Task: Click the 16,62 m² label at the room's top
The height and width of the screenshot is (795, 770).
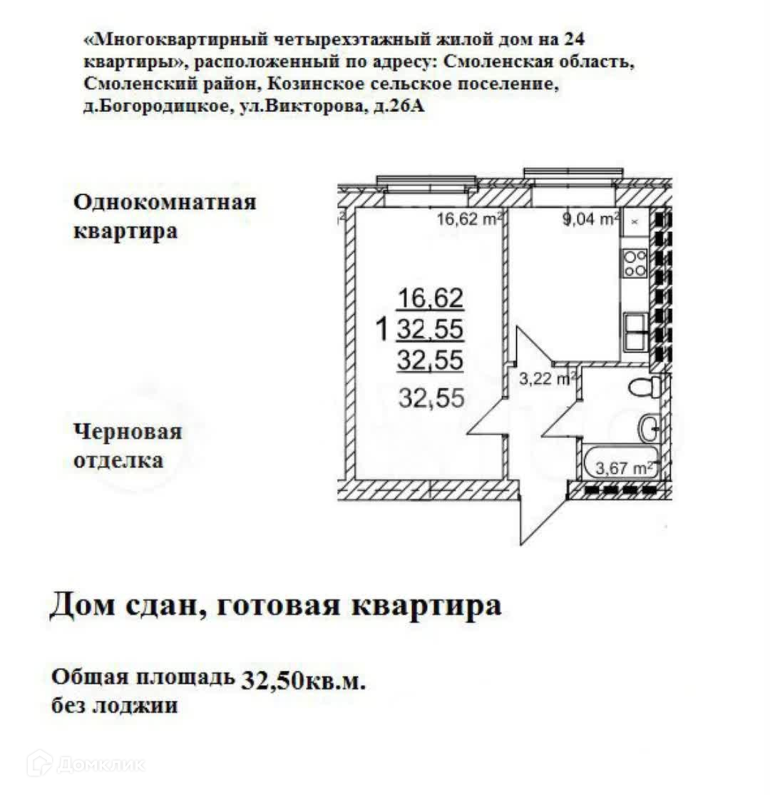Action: (469, 219)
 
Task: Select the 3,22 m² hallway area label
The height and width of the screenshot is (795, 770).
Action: (546, 380)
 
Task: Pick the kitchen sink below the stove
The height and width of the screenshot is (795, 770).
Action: (636, 332)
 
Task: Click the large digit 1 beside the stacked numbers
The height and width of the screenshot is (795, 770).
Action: (382, 329)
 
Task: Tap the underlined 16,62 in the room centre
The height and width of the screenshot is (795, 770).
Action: (431, 296)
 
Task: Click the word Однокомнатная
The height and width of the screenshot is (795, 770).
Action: (165, 202)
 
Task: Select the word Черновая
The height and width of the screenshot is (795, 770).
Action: (128, 432)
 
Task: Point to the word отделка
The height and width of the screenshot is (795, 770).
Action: (118, 460)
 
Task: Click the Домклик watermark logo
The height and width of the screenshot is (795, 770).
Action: (86, 764)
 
